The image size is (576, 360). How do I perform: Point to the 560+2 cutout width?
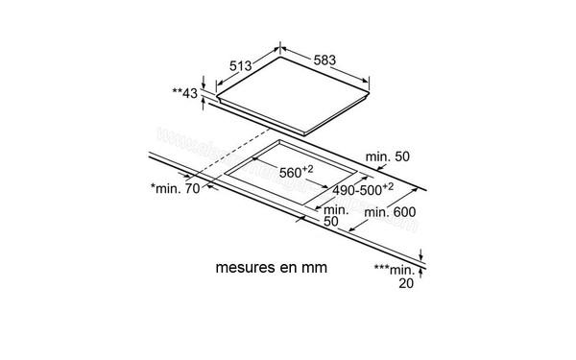point(297,172)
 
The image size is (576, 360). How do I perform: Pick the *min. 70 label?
point(175,188)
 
